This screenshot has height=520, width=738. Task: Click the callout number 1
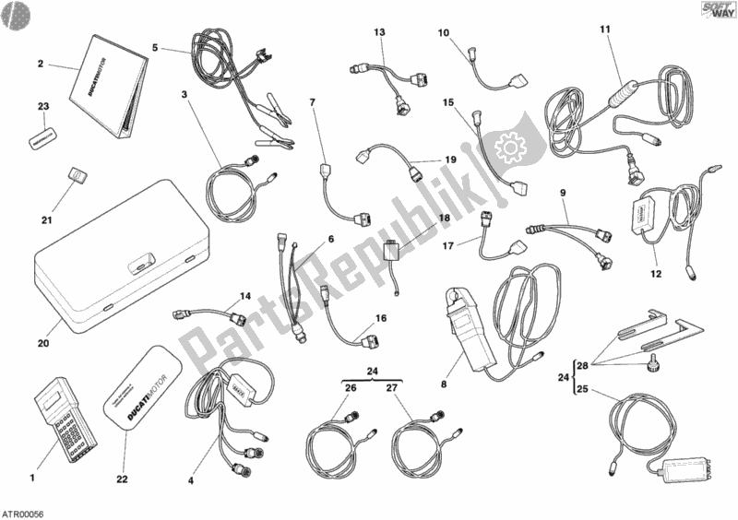[31, 478]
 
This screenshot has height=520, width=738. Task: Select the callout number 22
[123, 479]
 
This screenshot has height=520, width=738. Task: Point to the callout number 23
[42, 107]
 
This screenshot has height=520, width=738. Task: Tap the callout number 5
[155, 48]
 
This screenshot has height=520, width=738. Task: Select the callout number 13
[379, 33]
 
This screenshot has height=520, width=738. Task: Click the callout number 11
[605, 30]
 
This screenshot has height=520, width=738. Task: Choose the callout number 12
[656, 273]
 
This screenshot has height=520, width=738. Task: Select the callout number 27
[391, 388]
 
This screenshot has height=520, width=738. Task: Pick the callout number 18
[444, 219]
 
